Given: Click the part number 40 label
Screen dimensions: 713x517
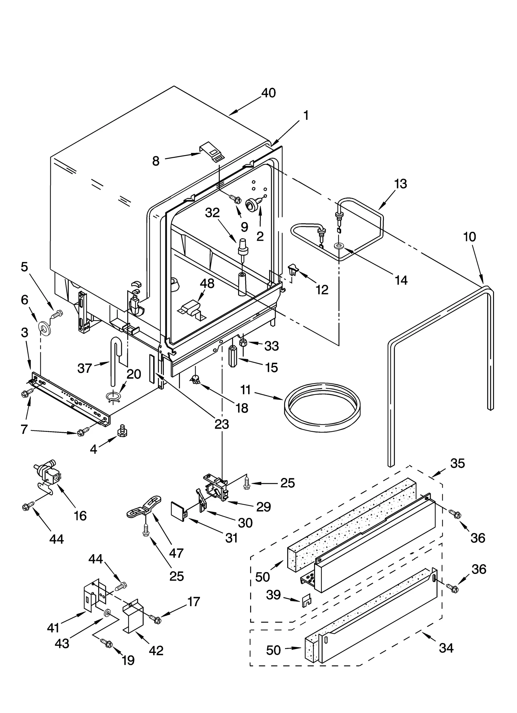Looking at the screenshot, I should tap(268, 93).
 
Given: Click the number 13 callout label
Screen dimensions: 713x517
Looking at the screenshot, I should tap(400, 184).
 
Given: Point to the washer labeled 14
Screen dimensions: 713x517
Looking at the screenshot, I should tap(339, 246).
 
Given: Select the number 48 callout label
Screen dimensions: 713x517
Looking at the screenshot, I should tap(207, 284).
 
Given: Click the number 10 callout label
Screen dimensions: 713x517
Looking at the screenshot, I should tap(470, 237).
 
